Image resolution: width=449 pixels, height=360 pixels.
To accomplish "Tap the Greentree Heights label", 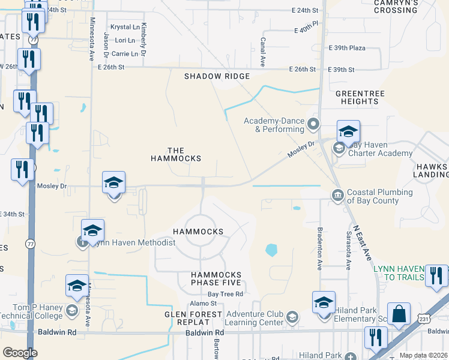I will [357, 98].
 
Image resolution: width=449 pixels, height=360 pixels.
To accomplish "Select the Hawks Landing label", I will [430, 170].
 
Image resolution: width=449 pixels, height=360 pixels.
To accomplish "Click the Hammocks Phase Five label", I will [216, 278].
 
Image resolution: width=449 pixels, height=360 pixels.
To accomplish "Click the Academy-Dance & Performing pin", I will [313, 125].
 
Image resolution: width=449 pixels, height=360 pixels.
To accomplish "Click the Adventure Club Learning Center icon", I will [292, 317].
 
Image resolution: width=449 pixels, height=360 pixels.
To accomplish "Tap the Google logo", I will [20, 352].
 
